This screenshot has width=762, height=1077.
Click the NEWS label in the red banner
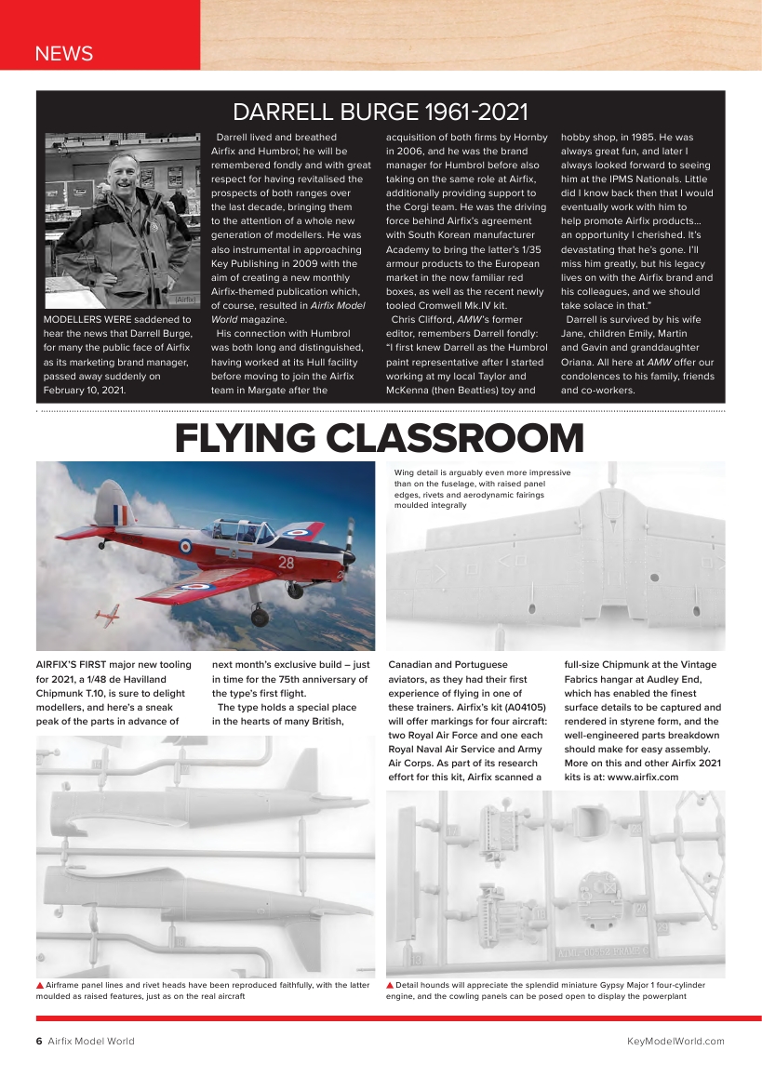coord(63,53)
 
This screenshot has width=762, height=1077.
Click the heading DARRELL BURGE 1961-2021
coord(380,113)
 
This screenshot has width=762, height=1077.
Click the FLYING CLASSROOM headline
coord(380,438)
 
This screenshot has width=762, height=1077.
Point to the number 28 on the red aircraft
coord(286,563)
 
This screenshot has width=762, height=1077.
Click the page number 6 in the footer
coord(39,1041)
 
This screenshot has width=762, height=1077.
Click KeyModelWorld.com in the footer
coord(675,1041)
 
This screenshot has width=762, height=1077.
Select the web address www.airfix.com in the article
coord(642,777)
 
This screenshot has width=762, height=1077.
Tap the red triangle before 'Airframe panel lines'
coord(40,984)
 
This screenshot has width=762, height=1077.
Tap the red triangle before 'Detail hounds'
coord(390,984)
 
